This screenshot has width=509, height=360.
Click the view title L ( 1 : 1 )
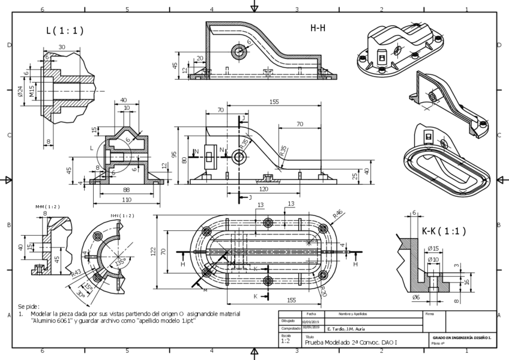(x=64, y=31)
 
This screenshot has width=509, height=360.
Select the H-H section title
(x=318, y=28)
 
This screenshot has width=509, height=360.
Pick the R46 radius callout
(x=337, y=213)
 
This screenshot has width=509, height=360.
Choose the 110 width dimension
(x=126, y=199)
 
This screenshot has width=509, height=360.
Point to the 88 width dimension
(x=126, y=190)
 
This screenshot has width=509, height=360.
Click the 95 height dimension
(x=175, y=155)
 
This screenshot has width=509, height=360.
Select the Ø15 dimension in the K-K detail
(x=433, y=248)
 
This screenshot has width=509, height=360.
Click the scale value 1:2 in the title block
(x=286, y=341)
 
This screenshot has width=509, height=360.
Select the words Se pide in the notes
(x=29, y=306)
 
